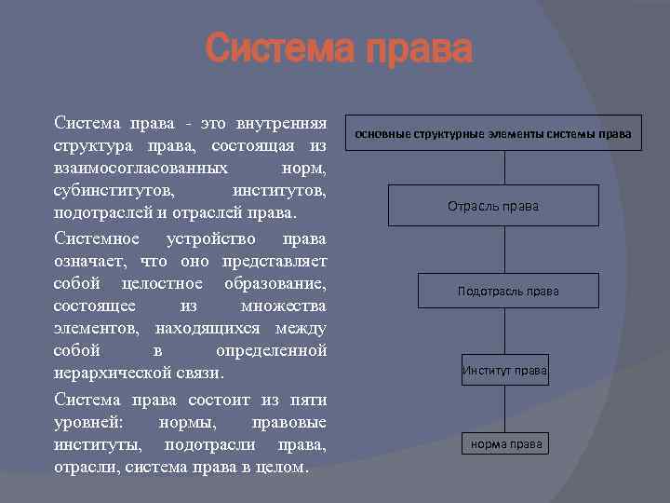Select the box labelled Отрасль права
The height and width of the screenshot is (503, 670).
(492, 206)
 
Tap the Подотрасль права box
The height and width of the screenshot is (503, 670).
(508, 291)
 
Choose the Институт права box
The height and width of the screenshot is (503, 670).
(505, 371)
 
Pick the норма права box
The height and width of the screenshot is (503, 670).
(505, 444)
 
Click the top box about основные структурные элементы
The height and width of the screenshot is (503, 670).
(492, 134)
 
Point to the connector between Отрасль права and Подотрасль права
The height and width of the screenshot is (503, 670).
(504, 250)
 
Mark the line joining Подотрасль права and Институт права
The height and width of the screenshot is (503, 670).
(504, 331)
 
